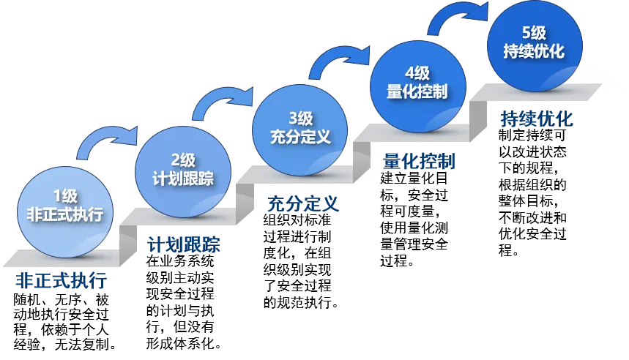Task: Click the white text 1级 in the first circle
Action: coord(64,196)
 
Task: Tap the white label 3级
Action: coord(300,118)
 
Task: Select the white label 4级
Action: coord(417,73)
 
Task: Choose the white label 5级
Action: coord(534,33)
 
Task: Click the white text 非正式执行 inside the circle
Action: coord(64,215)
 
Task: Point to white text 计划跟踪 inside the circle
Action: coord(182,179)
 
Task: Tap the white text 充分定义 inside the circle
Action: coord(300,137)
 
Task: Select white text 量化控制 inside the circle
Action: coord(417,92)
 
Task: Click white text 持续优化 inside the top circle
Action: coord(534,52)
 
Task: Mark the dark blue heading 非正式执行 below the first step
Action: coord(62,281)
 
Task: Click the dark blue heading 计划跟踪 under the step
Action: coord(182,244)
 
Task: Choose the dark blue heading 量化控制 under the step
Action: coord(419,160)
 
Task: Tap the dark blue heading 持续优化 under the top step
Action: coord(537,119)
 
